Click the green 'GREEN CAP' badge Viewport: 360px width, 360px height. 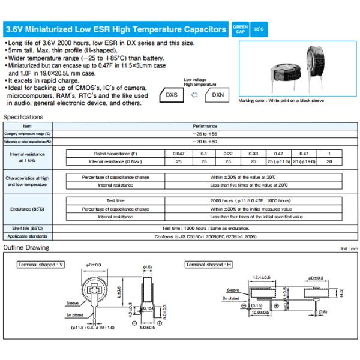pyautogui.click(x=240, y=28)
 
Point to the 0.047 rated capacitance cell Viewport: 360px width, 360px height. pyautogui.click(x=175, y=154)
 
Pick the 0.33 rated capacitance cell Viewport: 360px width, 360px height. pyautogui.click(x=253, y=154)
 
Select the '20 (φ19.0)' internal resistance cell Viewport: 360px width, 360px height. pyautogui.click(x=304, y=161)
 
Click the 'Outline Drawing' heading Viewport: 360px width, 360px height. pyautogui.click(x=26, y=248)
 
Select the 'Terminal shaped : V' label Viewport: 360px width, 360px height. pyautogui.click(x=41, y=264)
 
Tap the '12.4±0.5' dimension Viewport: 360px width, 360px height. pyautogui.click(x=262, y=277)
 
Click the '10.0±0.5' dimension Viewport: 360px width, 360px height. pyautogui.click(x=260, y=313)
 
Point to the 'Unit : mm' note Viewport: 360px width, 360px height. pyautogui.click(x=347, y=248)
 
